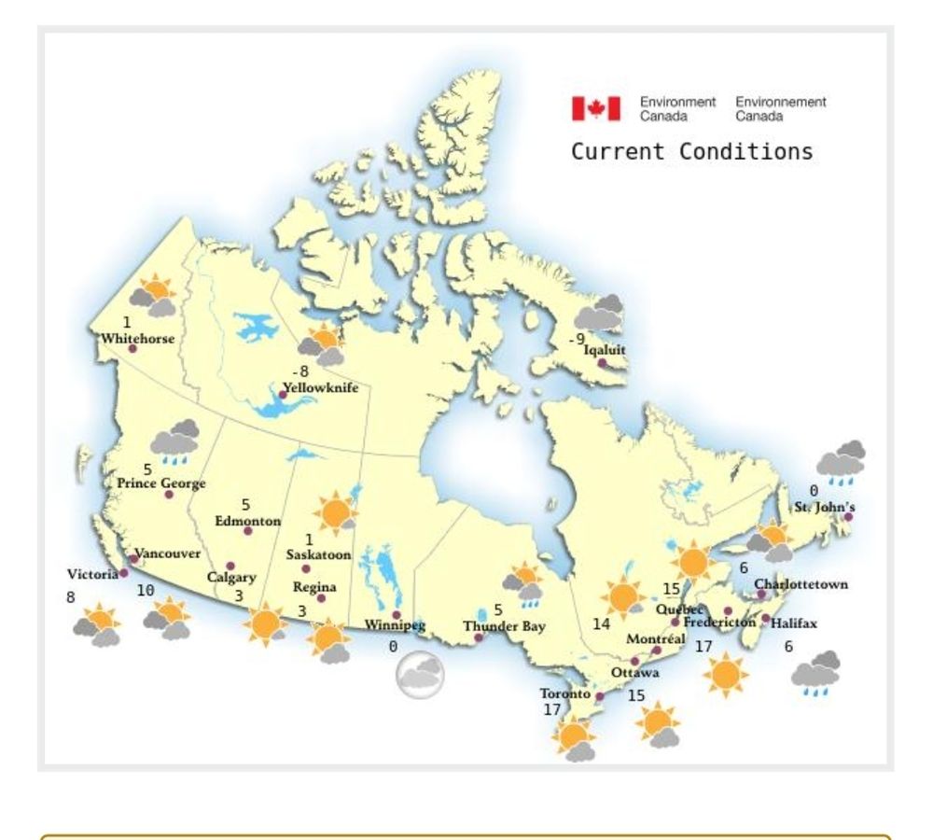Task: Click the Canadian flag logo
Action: pyautogui.click(x=596, y=109)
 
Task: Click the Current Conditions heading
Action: pyautogui.click(x=691, y=151)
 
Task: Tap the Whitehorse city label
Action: pyautogui.click(x=138, y=338)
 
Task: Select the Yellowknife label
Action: pyautogui.click(x=321, y=387)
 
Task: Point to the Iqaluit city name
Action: pyautogui.click(x=605, y=351)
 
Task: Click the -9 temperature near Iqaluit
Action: pyautogui.click(x=577, y=339)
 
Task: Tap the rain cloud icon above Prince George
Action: pyautogui.click(x=175, y=441)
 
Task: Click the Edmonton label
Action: pyautogui.click(x=247, y=521)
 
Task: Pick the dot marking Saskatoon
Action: pyautogui.click(x=305, y=568)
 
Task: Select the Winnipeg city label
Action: pyautogui.click(x=395, y=625)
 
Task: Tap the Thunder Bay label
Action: pyautogui.click(x=504, y=626)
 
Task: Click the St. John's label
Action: pyautogui.click(x=825, y=507)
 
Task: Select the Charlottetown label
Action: pyautogui.click(x=801, y=584)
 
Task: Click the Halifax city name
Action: pyautogui.click(x=794, y=623)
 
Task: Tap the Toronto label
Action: pyautogui.click(x=564, y=693)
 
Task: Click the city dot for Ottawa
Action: pyautogui.click(x=634, y=661)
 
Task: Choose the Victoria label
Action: pyautogui.click(x=92, y=574)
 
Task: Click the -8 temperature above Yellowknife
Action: pyautogui.click(x=299, y=371)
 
